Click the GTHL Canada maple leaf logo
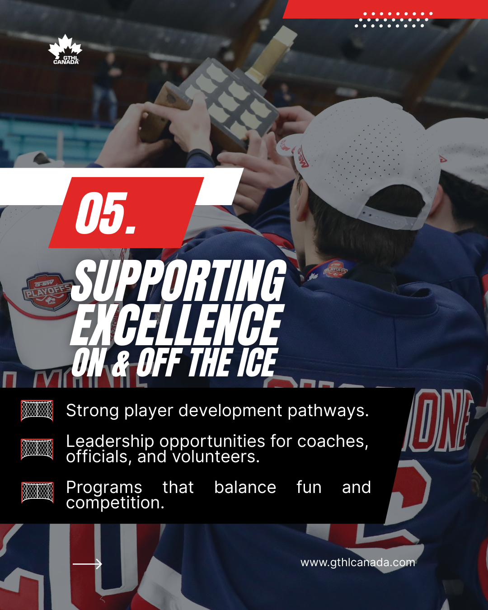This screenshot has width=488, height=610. [65, 49]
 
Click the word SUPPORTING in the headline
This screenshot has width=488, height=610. [178, 280]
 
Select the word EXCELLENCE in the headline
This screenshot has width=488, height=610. [177, 325]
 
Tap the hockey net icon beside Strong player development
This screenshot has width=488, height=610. [37, 410]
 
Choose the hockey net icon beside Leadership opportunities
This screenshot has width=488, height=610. [37, 449]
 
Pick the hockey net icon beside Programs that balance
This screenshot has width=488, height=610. [38, 493]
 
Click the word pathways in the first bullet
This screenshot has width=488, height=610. [328, 411]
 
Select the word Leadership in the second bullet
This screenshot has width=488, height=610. [110, 441]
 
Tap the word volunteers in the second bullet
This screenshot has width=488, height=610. [216, 457]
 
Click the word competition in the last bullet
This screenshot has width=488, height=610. [115, 503]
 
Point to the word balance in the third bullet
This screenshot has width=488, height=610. [245, 487]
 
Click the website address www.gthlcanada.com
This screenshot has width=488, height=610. [358, 563]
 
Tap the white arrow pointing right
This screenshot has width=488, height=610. [87, 564]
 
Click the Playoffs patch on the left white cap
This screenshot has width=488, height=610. [47, 291]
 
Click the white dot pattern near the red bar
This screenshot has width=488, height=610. [394, 19]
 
